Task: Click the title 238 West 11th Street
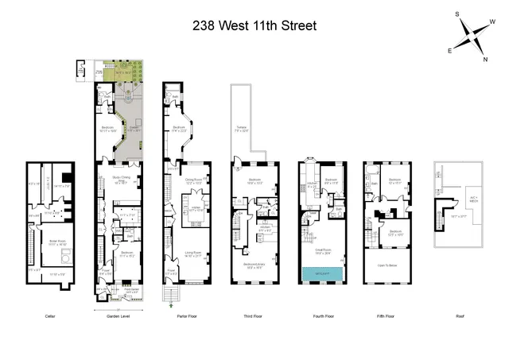pyautogui.click(x=254, y=25)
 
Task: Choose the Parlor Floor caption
pyautogui.click(x=186, y=315)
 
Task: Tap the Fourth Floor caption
pyautogui.click(x=323, y=315)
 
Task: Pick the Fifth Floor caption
pyautogui.click(x=387, y=315)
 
